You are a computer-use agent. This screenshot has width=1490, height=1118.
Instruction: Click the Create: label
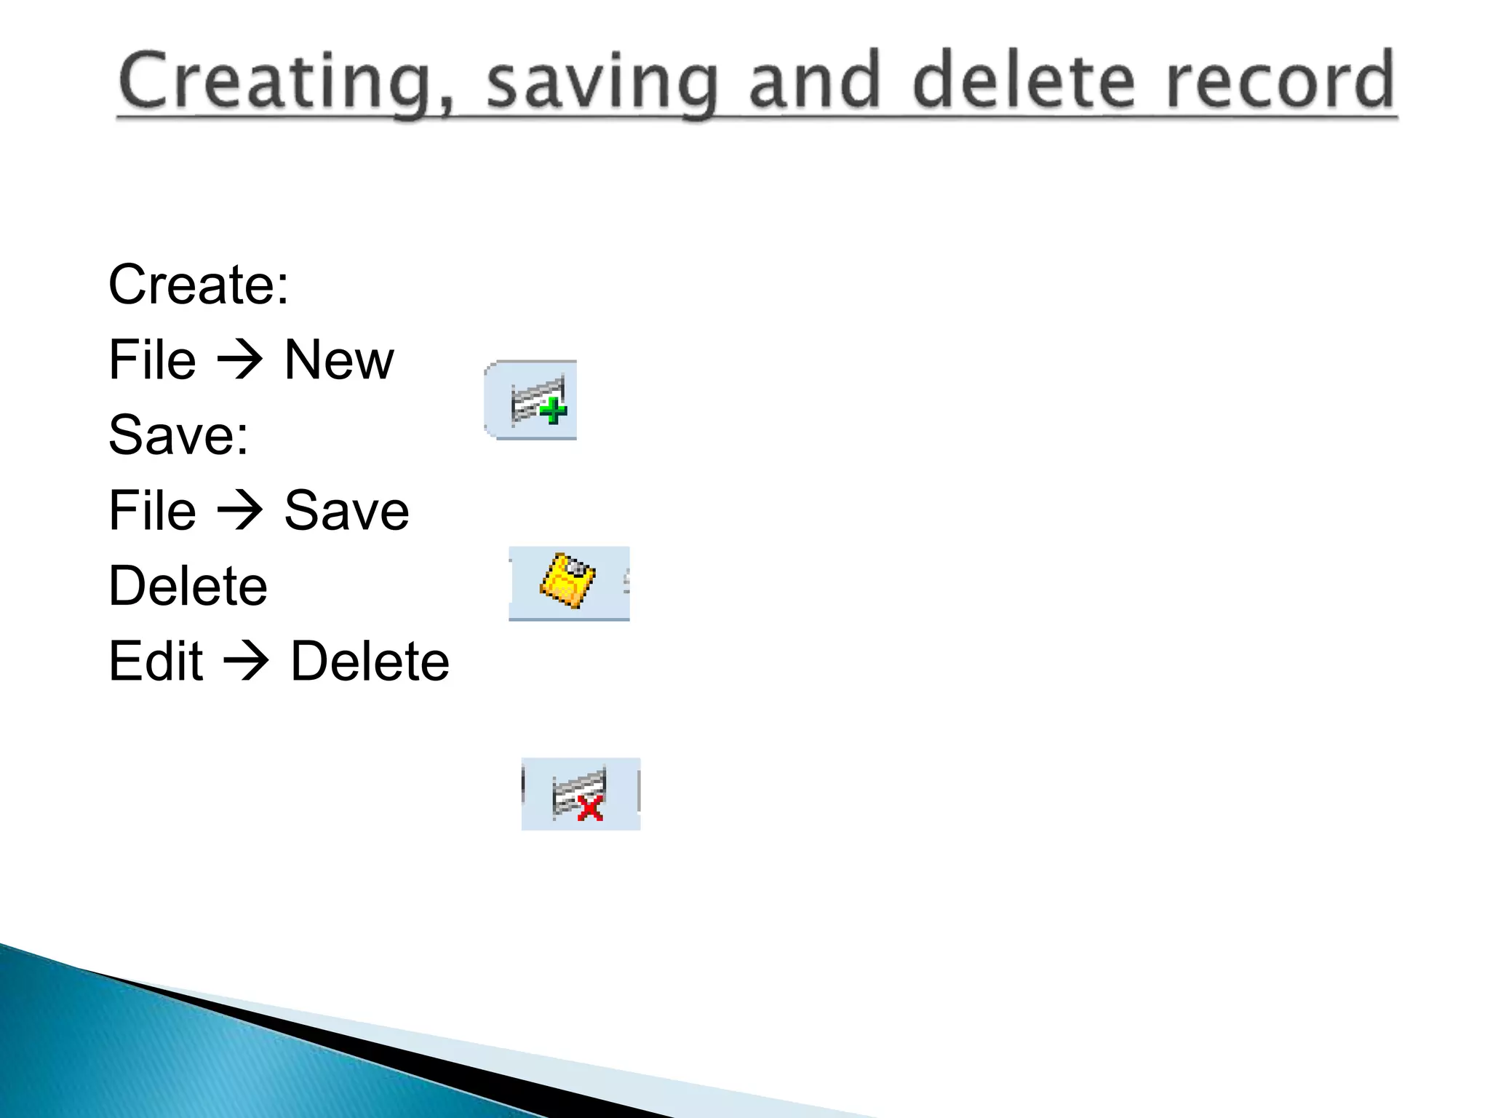pyautogui.click(x=199, y=285)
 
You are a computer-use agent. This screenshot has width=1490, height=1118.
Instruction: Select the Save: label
pyautogui.click(x=178, y=435)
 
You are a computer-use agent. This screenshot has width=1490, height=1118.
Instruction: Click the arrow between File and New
pyautogui.click(x=239, y=360)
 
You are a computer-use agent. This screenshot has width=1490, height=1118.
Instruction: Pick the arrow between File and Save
pyautogui.click(x=239, y=511)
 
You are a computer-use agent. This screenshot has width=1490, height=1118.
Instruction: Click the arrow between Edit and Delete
pyautogui.click(x=246, y=662)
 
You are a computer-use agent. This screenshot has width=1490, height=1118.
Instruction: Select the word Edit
pyautogui.click(x=156, y=662)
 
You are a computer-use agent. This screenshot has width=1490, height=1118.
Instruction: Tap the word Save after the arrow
pyautogui.click(x=346, y=511)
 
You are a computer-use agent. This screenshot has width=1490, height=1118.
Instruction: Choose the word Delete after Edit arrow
pyautogui.click(x=370, y=662)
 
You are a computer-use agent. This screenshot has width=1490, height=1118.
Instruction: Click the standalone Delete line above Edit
pyautogui.click(x=188, y=586)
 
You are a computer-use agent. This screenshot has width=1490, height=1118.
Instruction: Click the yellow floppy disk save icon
pyautogui.click(x=567, y=580)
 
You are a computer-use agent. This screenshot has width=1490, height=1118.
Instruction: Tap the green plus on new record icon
pyautogui.click(x=554, y=411)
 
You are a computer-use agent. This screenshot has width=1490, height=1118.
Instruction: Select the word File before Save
pyautogui.click(x=152, y=511)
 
